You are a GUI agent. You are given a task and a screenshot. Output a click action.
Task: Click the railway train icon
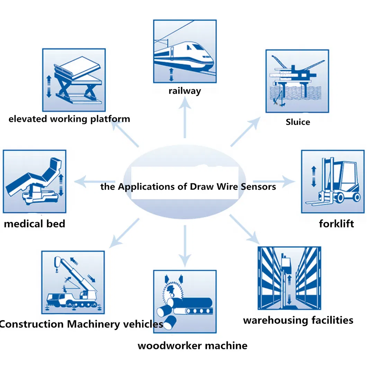[x=185, y=51]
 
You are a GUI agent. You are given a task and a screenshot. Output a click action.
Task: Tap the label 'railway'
[x=185, y=91]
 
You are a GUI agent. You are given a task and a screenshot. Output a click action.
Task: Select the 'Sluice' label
[x=298, y=122]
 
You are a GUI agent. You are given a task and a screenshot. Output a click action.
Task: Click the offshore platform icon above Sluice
[x=297, y=81]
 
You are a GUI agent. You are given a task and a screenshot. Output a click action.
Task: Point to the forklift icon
[x=332, y=181]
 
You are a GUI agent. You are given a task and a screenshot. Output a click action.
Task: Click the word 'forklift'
[x=336, y=224]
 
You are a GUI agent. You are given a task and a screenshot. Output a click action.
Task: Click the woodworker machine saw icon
[x=185, y=301]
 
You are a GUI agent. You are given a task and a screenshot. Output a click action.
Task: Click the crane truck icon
[x=73, y=282]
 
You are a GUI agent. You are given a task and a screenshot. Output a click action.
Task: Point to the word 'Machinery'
[x=94, y=324]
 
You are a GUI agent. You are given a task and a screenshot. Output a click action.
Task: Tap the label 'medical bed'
[x=35, y=224]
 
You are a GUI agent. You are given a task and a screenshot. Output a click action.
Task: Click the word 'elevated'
[x=28, y=119]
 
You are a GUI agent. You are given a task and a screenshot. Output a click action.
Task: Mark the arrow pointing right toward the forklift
[x=274, y=181]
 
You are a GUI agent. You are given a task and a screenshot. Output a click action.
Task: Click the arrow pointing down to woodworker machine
[x=185, y=246]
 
